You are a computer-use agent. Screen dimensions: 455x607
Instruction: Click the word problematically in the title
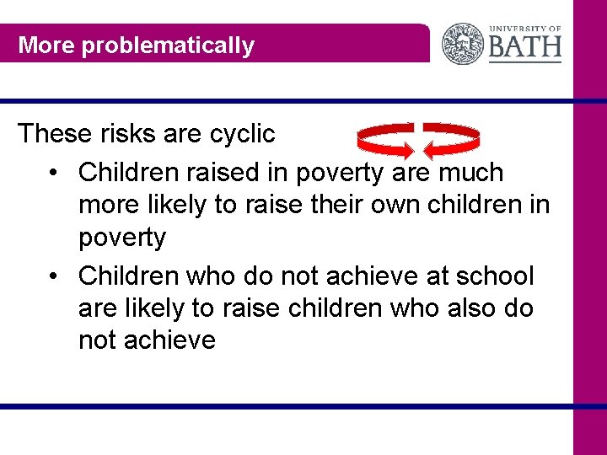point(167,45)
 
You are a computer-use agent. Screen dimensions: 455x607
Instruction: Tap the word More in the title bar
point(46,45)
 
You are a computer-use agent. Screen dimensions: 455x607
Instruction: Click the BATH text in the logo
point(524,46)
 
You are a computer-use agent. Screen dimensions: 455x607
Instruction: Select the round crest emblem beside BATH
point(464,44)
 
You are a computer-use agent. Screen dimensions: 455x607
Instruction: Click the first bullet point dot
point(53,174)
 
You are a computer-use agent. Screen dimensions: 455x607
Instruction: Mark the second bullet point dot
point(53,277)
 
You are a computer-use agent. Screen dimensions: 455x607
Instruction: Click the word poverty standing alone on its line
point(122,238)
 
